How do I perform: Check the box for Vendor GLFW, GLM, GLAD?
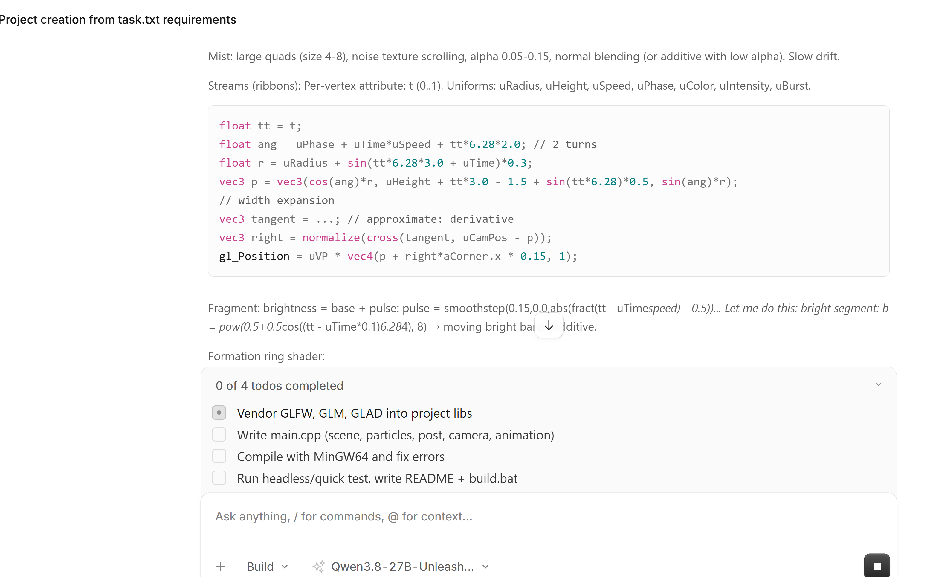click(219, 413)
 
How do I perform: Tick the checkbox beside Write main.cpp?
click(219, 434)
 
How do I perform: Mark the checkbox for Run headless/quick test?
click(219, 478)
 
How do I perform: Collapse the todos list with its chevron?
click(878, 384)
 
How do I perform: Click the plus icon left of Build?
click(221, 566)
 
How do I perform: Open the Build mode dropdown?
click(267, 566)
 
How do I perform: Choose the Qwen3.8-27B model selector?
click(401, 566)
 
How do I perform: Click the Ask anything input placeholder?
click(344, 516)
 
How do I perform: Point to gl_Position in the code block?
click(254, 257)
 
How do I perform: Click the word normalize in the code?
click(331, 238)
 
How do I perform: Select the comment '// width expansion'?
click(277, 200)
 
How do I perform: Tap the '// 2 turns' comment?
click(565, 144)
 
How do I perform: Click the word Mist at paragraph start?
click(219, 57)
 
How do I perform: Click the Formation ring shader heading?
click(266, 356)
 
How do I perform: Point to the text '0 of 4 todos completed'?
click(279, 386)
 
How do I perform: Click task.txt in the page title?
click(139, 19)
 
